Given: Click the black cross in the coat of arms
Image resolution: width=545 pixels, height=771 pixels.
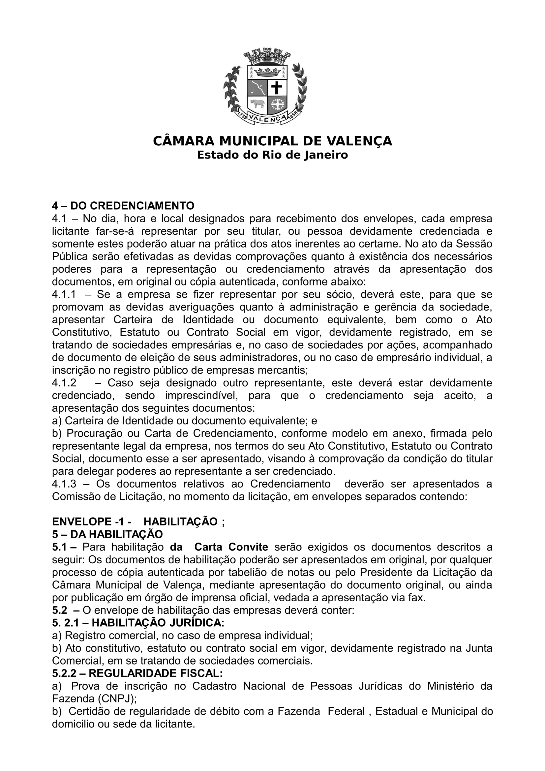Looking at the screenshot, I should [x=277, y=88].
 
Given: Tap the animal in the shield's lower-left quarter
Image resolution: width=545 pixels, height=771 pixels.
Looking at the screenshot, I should [x=257, y=104].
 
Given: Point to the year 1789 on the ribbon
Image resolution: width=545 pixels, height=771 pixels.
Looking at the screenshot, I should [x=243, y=116].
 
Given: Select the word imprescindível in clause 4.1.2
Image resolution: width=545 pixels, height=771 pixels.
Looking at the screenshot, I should [x=201, y=396].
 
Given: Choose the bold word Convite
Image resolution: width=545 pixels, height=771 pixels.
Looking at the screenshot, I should [x=248, y=547].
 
